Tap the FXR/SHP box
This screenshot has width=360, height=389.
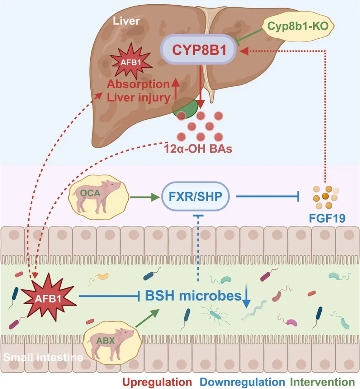click(196, 196)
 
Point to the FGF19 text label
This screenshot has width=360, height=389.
click(324, 219)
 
